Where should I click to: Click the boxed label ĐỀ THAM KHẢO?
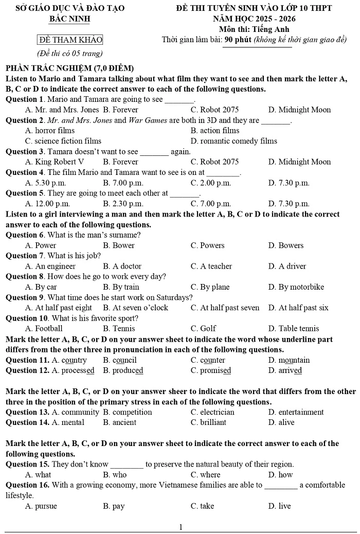(70, 40)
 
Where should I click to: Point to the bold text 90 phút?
(238, 40)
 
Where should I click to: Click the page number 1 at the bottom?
(181, 527)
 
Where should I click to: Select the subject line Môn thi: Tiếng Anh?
(254, 29)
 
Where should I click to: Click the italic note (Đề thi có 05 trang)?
(70, 53)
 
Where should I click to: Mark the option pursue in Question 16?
(46, 506)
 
